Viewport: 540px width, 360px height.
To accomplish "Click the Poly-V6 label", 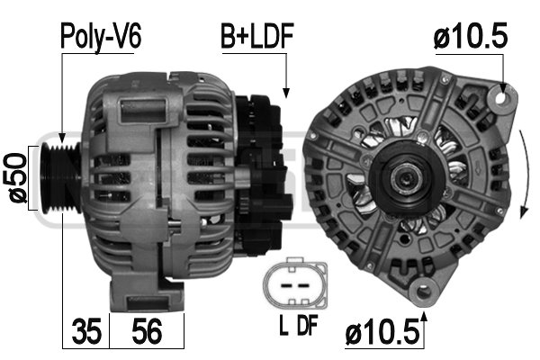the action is (x=101, y=37).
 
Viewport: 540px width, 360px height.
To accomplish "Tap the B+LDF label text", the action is (x=256, y=36).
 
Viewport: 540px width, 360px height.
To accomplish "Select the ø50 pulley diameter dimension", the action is (x=14, y=178).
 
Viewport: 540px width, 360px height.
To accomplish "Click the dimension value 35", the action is (x=86, y=331).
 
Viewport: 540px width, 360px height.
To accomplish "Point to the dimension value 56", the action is (x=147, y=331).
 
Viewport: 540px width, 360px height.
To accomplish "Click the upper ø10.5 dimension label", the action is (x=470, y=35).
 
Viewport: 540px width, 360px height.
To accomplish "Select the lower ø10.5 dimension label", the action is (x=382, y=332).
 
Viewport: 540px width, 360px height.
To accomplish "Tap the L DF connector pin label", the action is (x=298, y=325).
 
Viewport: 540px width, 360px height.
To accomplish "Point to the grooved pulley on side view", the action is (x=61, y=177).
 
